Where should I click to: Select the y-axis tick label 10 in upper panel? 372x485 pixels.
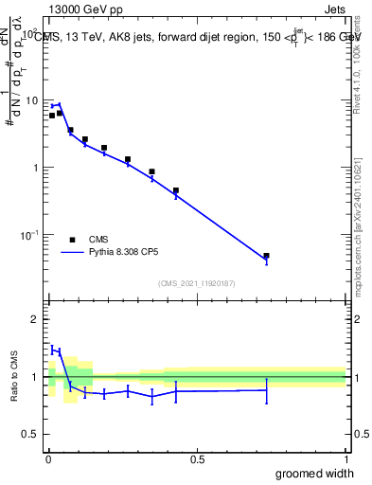pyautogui.click(x=32, y=100)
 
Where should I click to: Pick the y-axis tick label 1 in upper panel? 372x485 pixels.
pyautogui.click(x=36, y=168)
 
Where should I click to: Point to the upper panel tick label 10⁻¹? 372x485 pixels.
pyautogui.click(x=30, y=234)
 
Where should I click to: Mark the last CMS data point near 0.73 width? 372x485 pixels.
pyautogui.click(x=266, y=256)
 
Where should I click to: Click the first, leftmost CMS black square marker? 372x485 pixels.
pyautogui.click(x=52, y=116)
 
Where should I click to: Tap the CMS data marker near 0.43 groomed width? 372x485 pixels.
pyautogui.click(x=176, y=190)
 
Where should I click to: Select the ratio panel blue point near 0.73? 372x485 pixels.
pyautogui.click(x=266, y=390)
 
